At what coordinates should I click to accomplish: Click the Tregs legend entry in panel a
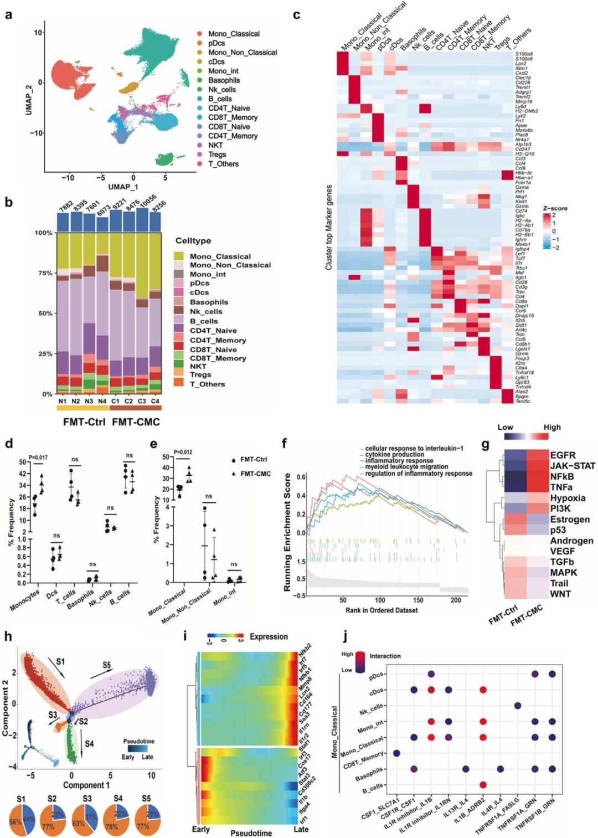coord(216,155)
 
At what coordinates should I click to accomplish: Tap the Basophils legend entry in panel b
coord(209,302)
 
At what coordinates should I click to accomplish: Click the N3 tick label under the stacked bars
coord(89,401)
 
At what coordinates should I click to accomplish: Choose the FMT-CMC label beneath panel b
coord(136,422)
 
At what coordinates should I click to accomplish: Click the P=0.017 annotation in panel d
coord(38,457)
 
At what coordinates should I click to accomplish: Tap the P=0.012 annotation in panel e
coord(183,452)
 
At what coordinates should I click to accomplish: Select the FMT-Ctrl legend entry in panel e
coord(253,460)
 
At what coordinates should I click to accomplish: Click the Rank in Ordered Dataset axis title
coord(382,610)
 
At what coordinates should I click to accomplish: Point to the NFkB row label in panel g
coord(561,476)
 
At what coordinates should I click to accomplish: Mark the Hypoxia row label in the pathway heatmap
coord(568,498)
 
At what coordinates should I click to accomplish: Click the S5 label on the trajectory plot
coord(106,665)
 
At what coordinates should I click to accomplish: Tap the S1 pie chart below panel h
coord(21,820)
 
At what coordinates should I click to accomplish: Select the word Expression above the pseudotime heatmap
coord(269,637)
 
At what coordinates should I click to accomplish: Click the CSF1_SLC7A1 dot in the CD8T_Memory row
coord(396,753)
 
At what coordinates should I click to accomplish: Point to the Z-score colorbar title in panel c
coord(555,208)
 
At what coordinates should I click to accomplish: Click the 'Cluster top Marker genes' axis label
coord(329,227)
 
